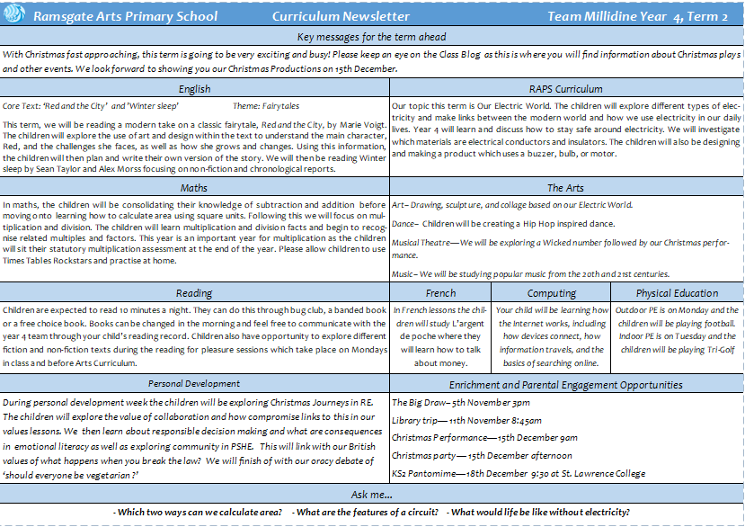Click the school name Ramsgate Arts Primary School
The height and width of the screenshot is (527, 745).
tap(125, 17)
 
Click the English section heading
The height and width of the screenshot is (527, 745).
tap(194, 89)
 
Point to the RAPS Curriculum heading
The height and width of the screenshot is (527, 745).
tap(566, 89)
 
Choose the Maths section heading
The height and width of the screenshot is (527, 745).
tap(194, 188)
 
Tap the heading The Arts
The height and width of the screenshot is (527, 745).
tap(566, 188)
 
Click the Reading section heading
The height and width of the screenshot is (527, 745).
tap(194, 293)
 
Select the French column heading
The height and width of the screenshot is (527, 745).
tap(440, 293)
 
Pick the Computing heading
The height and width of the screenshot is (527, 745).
tap(552, 293)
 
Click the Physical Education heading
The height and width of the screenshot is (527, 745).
tap(678, 293)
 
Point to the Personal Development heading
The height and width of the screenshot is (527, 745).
tap(194, 384)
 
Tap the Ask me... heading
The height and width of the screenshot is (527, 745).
tap(372, 496)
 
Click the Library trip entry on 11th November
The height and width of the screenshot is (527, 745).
tap(466, 420)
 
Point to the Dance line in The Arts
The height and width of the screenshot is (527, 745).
tap(508, 222)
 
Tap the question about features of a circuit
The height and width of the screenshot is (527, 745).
tap(367, 513)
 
